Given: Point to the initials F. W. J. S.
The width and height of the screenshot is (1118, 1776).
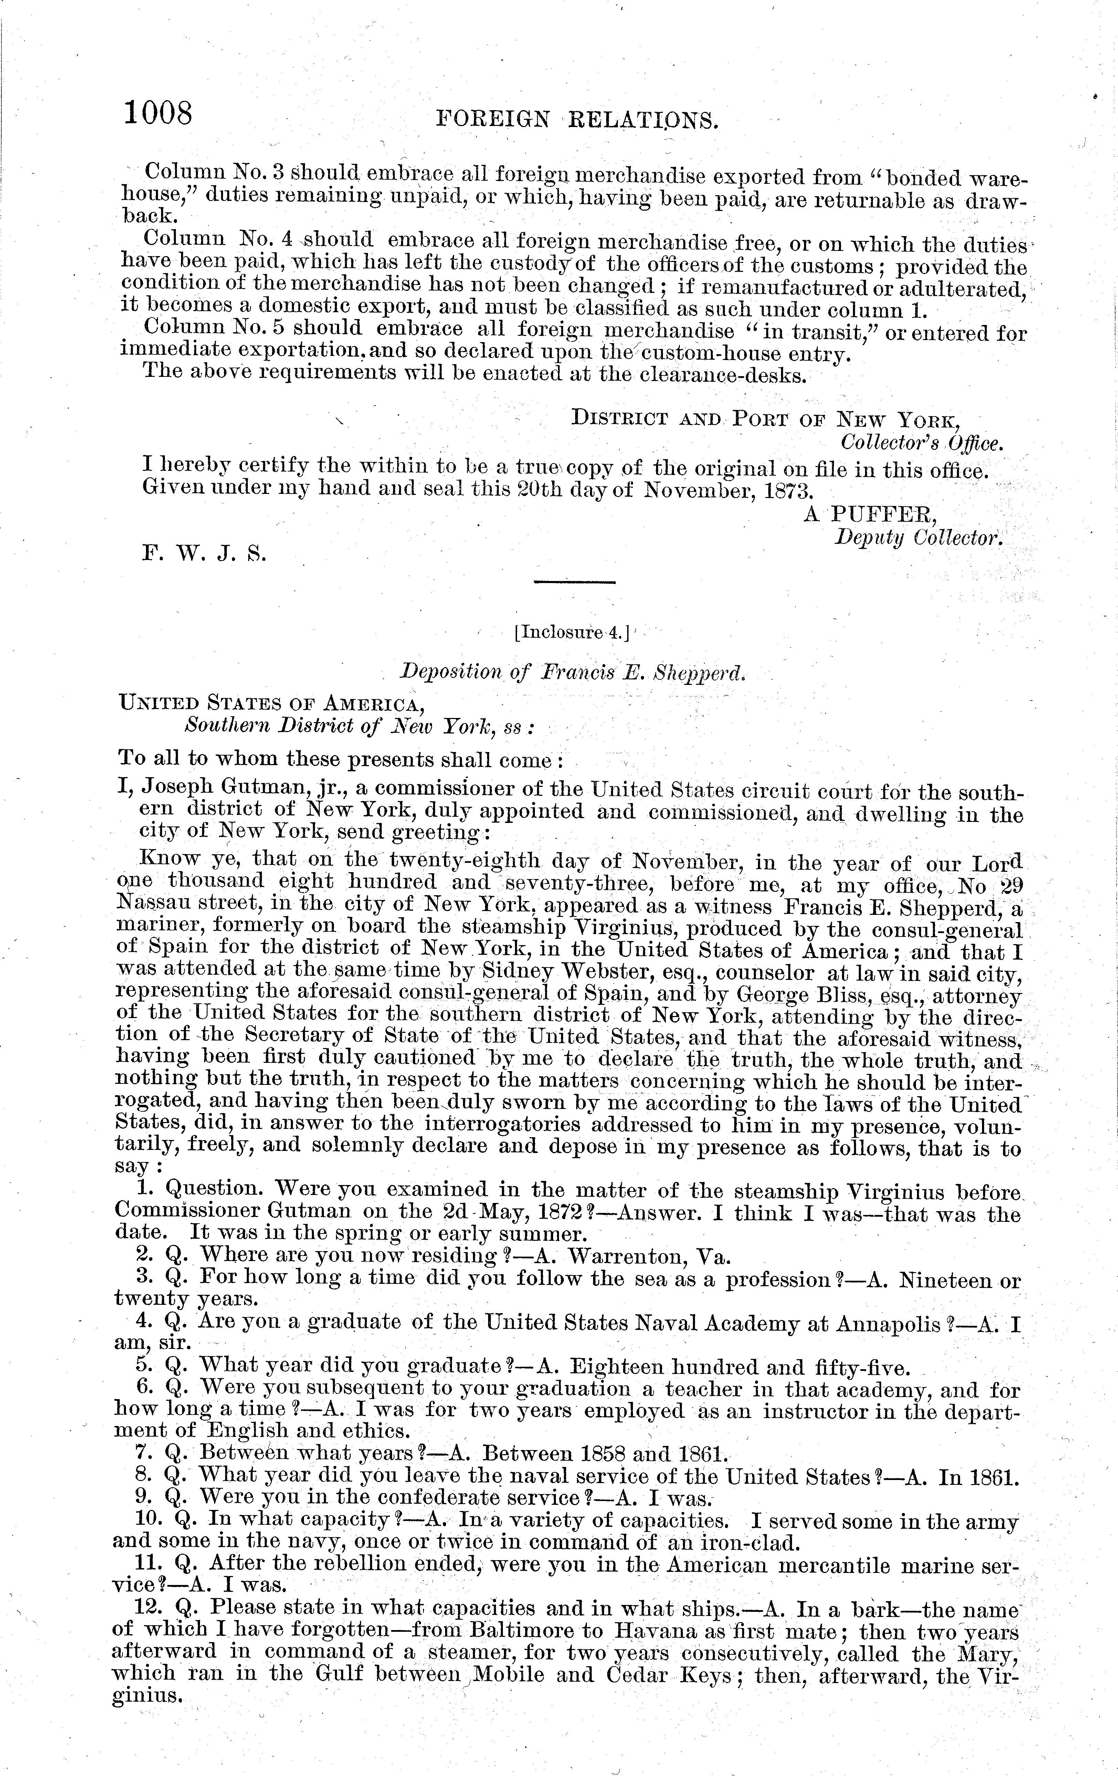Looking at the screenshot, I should [204, 553].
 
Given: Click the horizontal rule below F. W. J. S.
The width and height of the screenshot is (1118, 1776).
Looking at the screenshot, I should [574, 582].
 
